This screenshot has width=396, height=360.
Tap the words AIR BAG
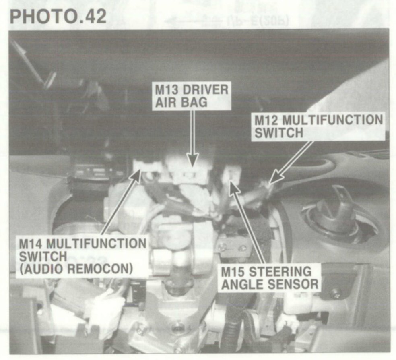pos(181,102)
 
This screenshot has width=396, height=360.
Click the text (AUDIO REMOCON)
pos(76,269)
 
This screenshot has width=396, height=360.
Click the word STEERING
pos(280,272)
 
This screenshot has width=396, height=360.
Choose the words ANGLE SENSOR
pos(270,284)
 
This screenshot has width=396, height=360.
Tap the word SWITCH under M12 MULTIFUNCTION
pos(279,132)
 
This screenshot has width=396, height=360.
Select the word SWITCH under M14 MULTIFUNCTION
pos(43,256)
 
